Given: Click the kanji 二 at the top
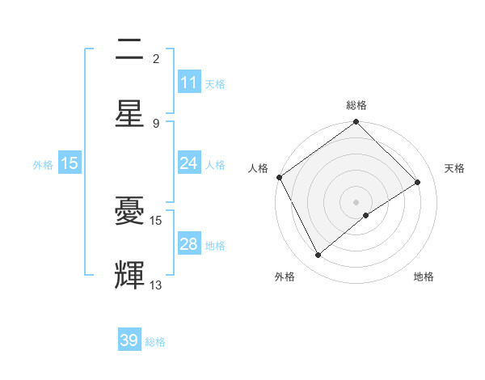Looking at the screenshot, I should (129, 49).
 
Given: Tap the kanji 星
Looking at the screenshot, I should (129, 113).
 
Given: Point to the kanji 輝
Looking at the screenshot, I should (129, 276).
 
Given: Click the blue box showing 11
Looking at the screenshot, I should (189, 82).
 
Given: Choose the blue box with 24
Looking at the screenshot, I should (189, 163).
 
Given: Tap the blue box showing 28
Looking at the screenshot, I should (189, 244).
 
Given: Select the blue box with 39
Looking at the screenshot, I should (129, 340).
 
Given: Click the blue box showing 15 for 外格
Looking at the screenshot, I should (70, 163).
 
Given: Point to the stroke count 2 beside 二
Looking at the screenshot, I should (156, 58).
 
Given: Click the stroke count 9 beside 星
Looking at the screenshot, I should (156, 123).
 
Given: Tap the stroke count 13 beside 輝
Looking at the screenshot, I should (156, 285).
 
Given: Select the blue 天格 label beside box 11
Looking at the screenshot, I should (215, 83).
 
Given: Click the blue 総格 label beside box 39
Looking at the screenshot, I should (155, 341).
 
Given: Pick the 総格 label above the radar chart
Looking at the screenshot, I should (356, 105).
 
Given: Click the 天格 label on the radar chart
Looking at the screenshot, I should (454, 168).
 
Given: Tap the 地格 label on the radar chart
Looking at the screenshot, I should (424, 277).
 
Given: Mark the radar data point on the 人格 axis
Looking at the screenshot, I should (279, 177).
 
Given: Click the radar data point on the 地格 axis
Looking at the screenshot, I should (366, 215).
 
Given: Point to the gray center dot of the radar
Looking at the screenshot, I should (356, 201).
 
